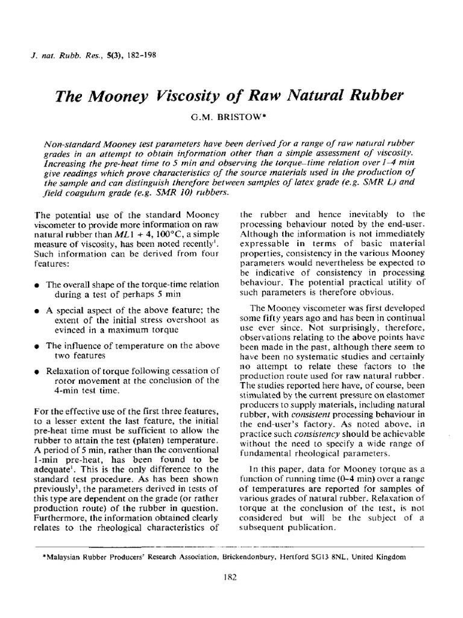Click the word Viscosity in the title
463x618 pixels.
click(x=199, y=96)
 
